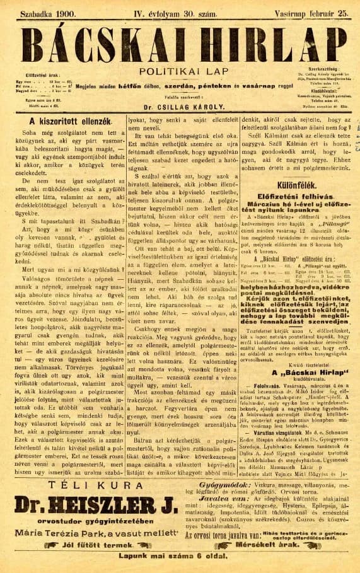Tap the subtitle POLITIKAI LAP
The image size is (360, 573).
coord(180,72)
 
